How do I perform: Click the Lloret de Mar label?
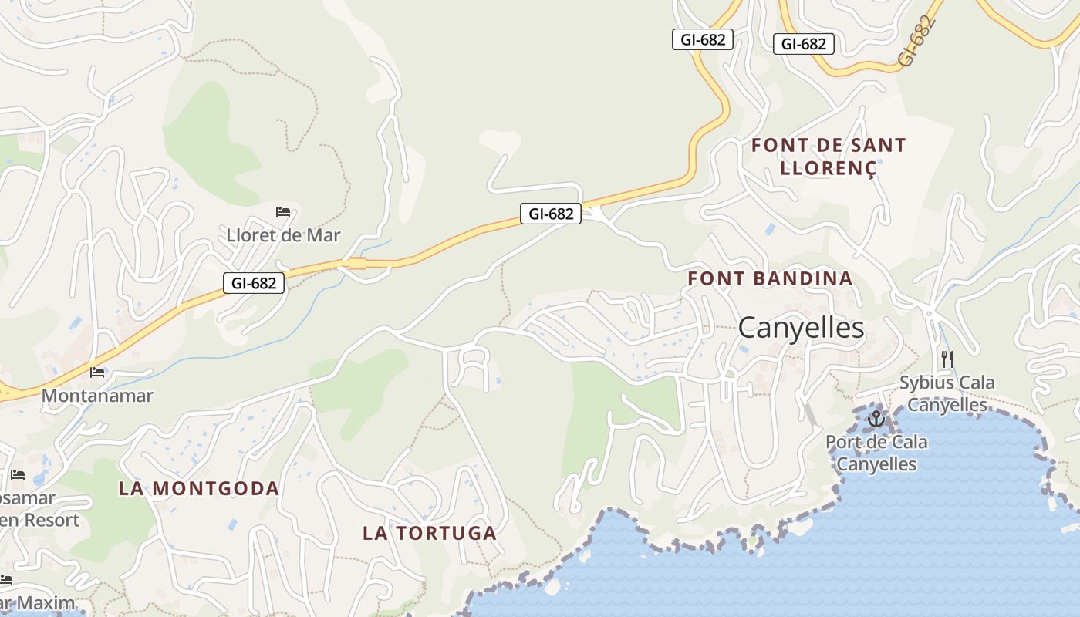283,235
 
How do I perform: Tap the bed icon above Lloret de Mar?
283,212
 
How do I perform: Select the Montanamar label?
97,396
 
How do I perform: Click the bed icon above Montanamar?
97,373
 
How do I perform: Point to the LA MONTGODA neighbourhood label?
198,488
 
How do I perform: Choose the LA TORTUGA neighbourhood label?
430,533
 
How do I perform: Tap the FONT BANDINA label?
770,278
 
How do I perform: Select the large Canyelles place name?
801,328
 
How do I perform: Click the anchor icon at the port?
876,420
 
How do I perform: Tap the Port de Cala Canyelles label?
876,453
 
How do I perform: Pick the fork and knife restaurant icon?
947,359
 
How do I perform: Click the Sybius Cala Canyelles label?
947,393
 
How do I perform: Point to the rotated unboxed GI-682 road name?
917,41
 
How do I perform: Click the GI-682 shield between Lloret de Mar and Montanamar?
254,283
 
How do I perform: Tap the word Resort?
50,520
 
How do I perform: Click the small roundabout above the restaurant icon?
930,313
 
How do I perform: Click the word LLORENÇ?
829,168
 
